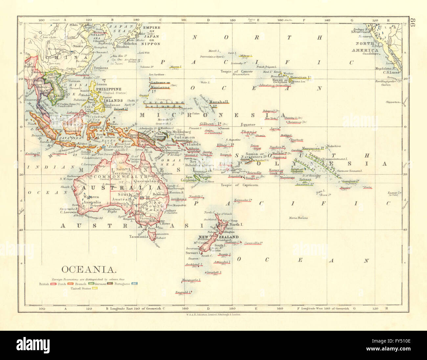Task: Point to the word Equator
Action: click(248, 125)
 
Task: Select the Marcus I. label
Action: click(176, 67)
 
